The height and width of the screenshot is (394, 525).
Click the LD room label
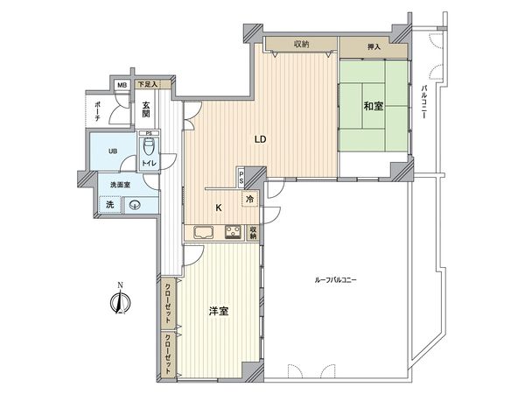tap(260, 139)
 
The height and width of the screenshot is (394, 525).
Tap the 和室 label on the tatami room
tap(374, 106)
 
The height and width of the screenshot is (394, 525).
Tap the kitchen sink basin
tap(203, 233)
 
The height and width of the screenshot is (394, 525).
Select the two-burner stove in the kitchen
tap(234, 233)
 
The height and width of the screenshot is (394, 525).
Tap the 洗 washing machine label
tap(109, 205)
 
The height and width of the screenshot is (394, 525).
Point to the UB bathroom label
tap(112, 151)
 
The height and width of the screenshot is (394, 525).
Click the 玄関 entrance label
tap(147, 109)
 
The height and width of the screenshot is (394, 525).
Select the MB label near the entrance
tap(122, 85)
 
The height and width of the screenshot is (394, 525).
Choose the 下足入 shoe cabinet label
tap(148, 85)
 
